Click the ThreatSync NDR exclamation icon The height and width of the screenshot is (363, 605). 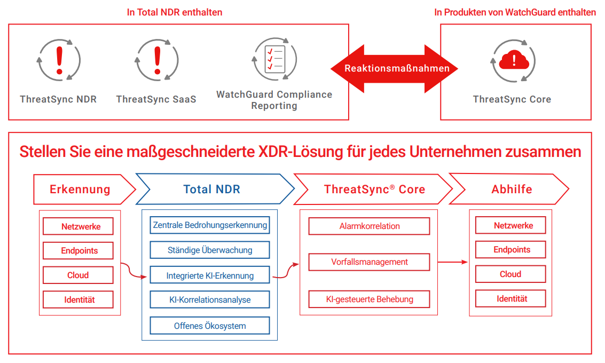pos(59,59)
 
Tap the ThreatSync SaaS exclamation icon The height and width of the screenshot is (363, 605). pos(156,59)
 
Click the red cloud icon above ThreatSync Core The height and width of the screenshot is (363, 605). pos(514,60)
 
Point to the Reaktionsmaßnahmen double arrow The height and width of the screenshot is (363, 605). pos(394,68)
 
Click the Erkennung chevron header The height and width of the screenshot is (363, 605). pos(80,189)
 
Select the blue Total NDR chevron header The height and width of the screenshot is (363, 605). pos(212,189)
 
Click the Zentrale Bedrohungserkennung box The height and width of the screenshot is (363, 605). pos(210,225)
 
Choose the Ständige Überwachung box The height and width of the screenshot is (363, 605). pos(210,250)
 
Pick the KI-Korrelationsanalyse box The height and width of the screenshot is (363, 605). pos(210,300)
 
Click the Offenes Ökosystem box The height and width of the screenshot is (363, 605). pos(210,326)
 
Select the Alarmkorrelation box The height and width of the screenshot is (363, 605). pos(370,226)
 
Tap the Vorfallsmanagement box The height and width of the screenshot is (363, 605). pos(370,262)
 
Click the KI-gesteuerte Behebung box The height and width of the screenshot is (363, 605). pos(370,299)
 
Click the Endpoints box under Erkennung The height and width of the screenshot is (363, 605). pos(78,251)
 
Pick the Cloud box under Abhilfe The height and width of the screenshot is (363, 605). pos(510,274)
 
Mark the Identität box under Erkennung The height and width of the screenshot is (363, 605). pos(78,299)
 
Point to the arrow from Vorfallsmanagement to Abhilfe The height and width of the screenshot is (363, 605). pos(453,262)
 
